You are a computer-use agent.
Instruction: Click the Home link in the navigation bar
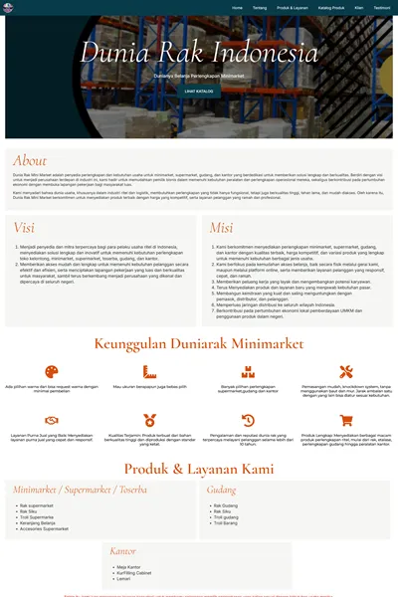point(237,7)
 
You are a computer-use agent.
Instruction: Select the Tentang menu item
point(259,7)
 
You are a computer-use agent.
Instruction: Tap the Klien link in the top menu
point(359,7)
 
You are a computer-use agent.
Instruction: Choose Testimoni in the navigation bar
point(382,7)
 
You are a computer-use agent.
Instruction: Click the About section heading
point(30,160)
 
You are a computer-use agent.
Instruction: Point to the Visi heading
point(24,228)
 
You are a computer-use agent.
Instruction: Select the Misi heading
point(221,228)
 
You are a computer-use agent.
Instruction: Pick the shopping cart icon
point(345,420)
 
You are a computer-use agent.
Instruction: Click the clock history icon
point(248,420)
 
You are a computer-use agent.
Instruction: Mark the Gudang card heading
point(221,490)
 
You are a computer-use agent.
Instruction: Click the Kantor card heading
point(123,549)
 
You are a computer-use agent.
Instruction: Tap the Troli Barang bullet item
point(228,522)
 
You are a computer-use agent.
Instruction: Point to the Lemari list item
point(123,578)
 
